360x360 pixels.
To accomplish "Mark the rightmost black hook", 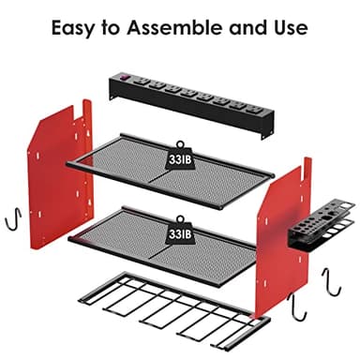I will (330, 280).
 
